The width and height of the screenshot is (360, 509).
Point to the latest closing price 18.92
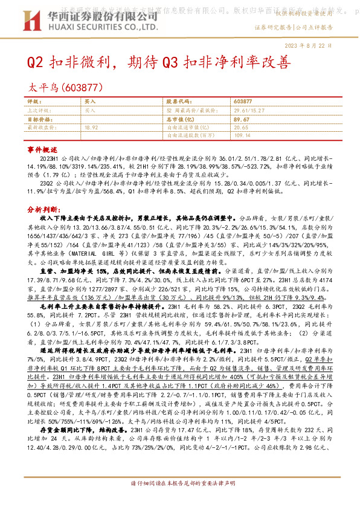pos(91,128)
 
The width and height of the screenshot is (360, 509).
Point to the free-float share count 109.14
pos(242,135)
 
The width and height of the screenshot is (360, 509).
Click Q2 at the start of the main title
pos(35,62)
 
